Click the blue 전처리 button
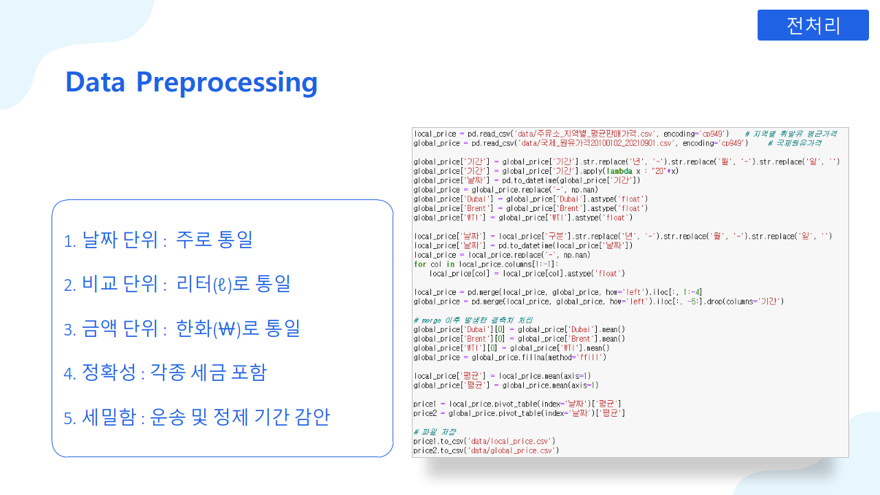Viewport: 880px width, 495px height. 813,25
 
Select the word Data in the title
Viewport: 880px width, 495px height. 96,82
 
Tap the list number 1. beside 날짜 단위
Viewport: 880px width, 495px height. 69,241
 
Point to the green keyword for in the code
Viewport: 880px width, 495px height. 419,264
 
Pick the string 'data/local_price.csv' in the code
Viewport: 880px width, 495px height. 511,441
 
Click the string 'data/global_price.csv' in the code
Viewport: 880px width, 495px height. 512,450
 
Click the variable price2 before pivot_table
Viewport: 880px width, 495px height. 424,413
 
